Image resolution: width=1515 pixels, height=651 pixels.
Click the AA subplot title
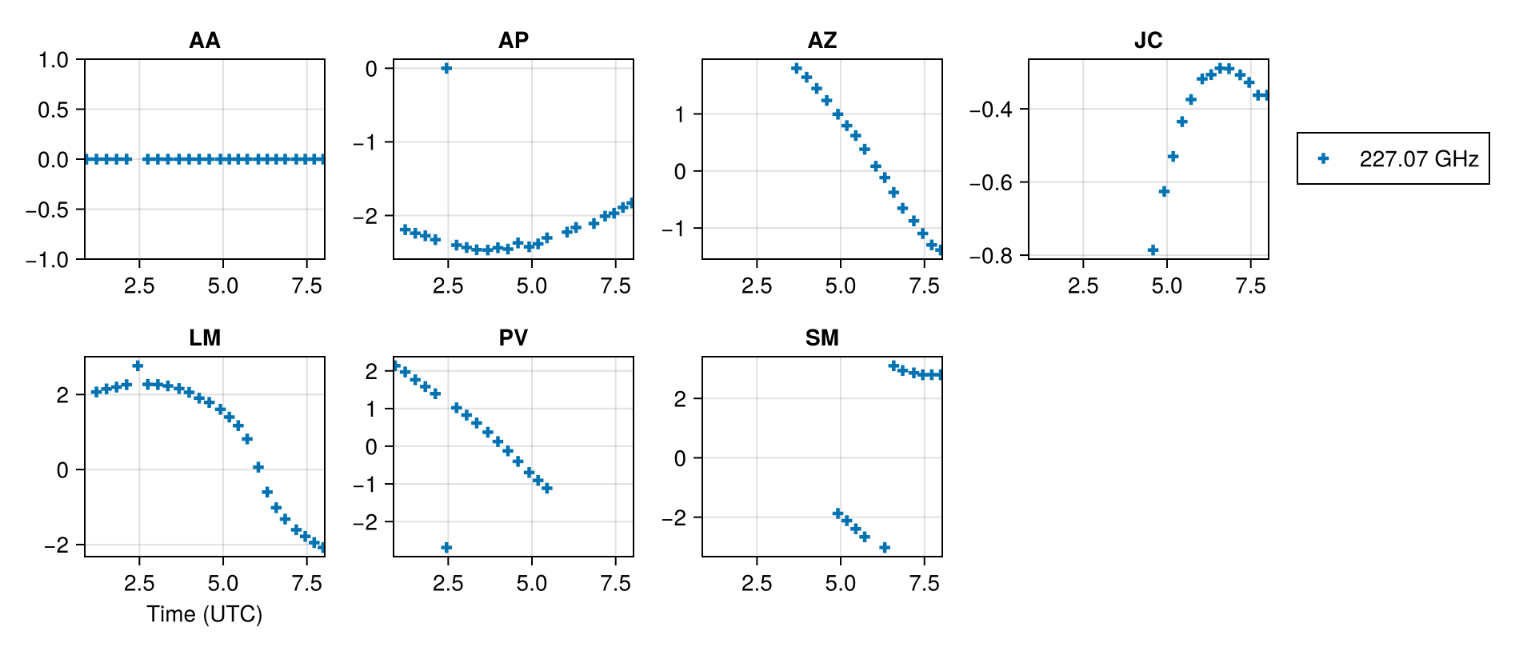204,40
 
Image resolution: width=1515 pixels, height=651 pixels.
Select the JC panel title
1148,40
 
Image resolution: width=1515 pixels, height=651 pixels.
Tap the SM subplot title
821,337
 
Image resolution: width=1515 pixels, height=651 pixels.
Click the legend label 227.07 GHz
1418,158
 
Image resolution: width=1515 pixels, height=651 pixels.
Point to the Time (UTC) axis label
204,613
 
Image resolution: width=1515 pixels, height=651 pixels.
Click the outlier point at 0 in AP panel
446,68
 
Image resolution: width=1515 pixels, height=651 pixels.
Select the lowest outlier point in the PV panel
446,547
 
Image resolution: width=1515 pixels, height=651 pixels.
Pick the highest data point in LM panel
138,365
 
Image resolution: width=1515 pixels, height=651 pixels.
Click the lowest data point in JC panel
1153,250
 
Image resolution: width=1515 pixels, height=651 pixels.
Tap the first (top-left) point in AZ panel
796,68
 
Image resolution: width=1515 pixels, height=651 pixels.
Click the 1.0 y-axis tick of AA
54,59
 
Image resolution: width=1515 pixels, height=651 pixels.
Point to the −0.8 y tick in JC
991,256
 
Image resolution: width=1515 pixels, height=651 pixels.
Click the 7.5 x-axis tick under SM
925,583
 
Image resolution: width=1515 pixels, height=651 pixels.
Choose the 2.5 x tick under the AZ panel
757,286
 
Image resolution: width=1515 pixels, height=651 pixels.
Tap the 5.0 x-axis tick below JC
1167,286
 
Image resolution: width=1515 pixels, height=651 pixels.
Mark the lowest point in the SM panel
885,547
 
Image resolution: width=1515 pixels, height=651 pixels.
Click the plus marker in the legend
1323,158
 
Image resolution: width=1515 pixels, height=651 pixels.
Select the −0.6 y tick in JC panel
991,182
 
